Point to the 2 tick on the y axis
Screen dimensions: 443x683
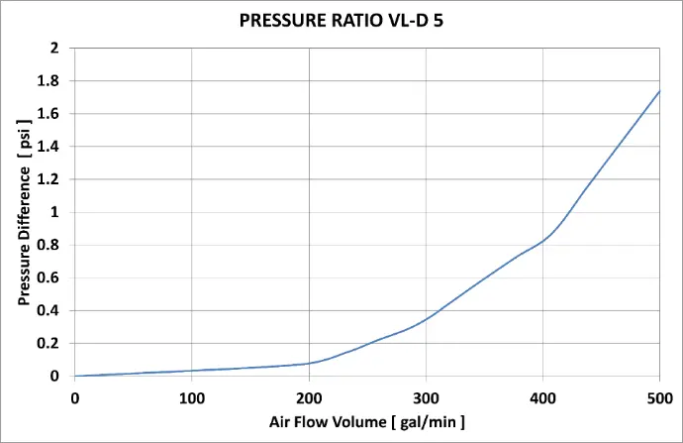[x=55, y=48]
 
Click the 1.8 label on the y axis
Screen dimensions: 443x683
[x=50, y=80]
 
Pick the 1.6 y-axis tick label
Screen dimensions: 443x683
[x=50, y=114]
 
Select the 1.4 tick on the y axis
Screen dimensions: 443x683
[x=50, y=147]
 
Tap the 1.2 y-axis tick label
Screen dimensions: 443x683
[x=50, y=179]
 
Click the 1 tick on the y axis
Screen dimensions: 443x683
[x=55, y=212]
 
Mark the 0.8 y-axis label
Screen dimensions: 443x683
[x=50, y=245]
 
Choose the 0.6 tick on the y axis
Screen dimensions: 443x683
[x=50, y=277]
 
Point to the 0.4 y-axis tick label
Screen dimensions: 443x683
[x=50, y=311]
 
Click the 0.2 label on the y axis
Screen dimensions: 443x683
[x=50, y=344]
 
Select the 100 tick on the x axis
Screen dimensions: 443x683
[x=191, y=397]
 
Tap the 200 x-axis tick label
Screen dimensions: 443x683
[x=309, y=397]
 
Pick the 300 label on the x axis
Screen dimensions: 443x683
[x=426, y=397]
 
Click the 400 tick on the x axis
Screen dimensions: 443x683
[x=542, y=397]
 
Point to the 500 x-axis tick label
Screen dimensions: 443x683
[x=659, y=397]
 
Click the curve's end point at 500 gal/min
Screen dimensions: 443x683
[x=659, y=91]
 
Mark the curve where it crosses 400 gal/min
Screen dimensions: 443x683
[x=542, y=241]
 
